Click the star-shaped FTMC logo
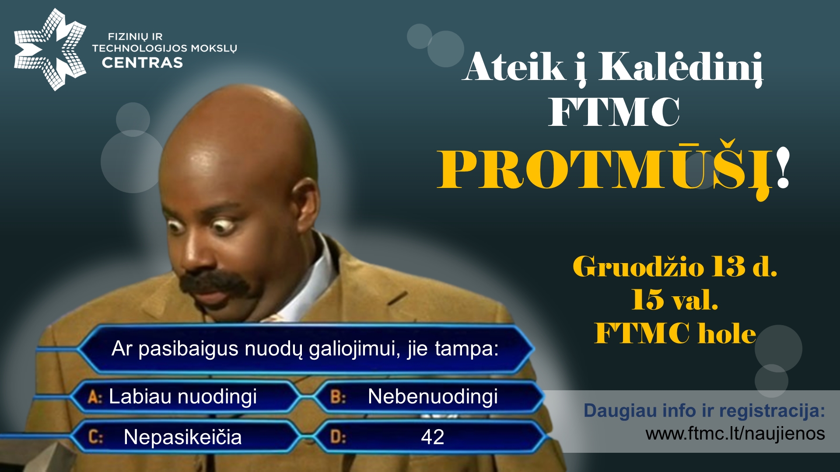click(x=50, y=49)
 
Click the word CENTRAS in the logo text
click(x=143, y=63)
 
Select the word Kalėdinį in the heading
click(x=681, y=68)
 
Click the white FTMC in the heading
click(x=614, y=112)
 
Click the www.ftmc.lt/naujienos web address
click(x=735, y=434)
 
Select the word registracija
click(x=772, y=411)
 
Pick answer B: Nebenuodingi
click(x=414, y=397)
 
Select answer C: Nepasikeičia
click(x=165, y=437)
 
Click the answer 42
click(x=433, y=437)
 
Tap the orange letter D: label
click(x=338, y=437)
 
